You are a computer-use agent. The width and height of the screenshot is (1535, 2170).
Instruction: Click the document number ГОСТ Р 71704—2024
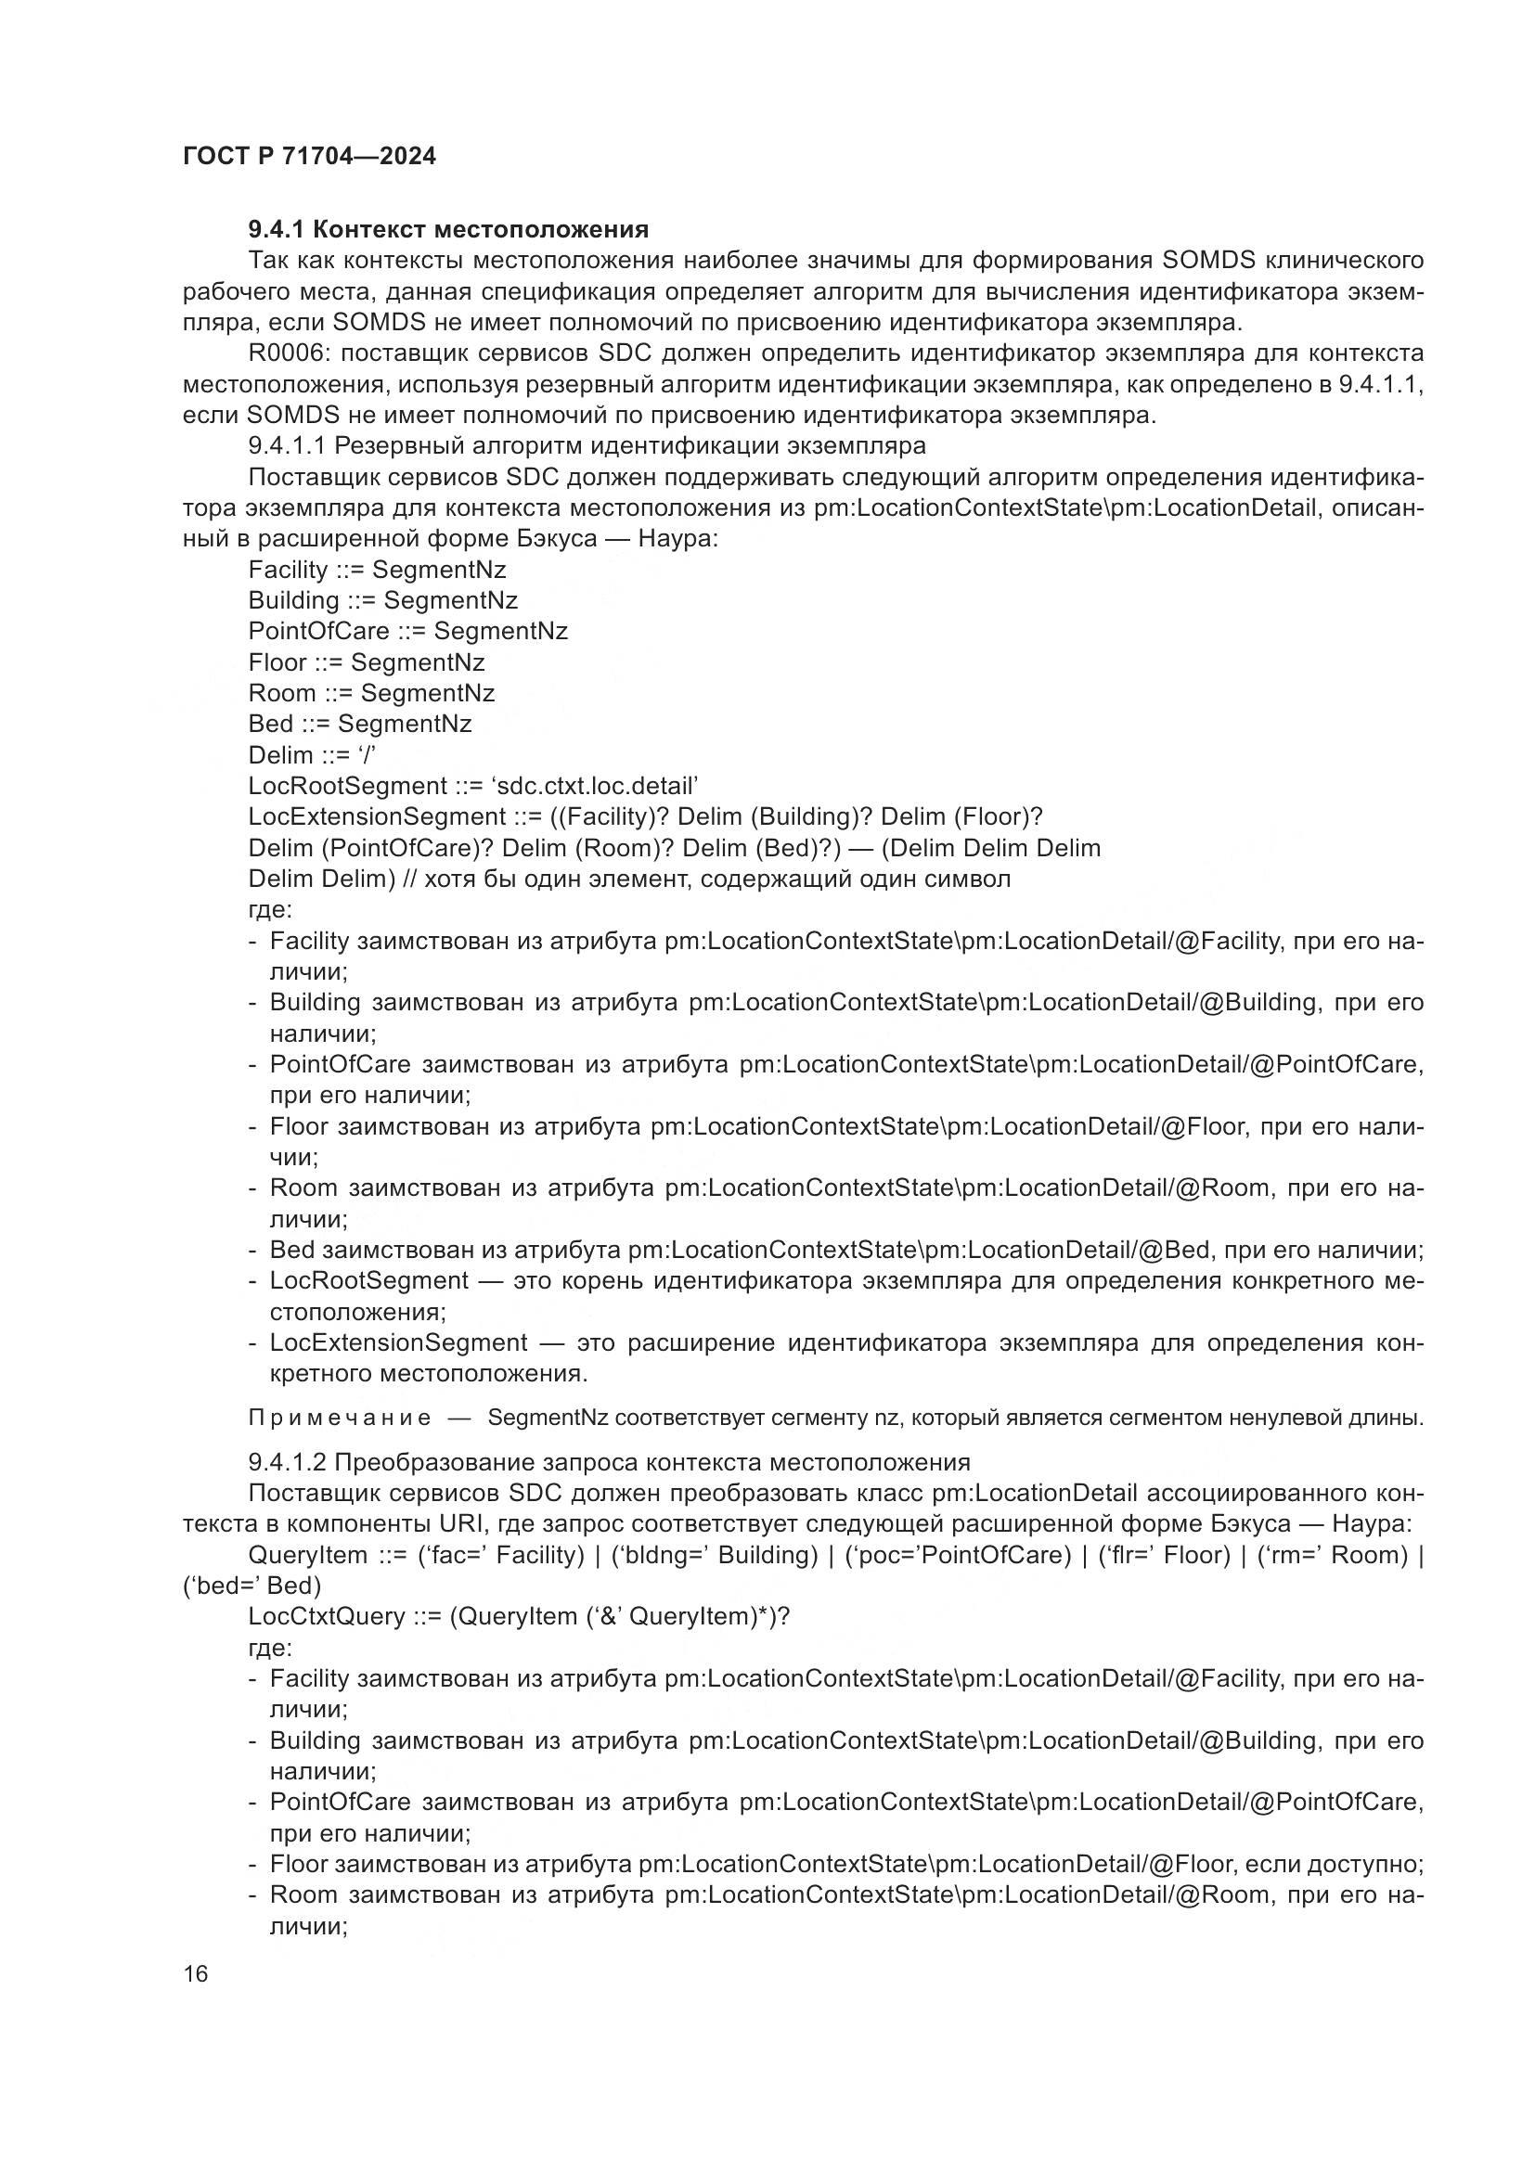309,157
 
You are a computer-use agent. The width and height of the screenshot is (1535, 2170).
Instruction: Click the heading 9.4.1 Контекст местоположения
448,229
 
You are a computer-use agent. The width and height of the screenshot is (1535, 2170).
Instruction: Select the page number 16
196,1973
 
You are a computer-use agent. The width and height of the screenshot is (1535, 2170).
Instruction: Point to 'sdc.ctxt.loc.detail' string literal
595,787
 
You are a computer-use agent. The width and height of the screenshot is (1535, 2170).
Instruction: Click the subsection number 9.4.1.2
288,1462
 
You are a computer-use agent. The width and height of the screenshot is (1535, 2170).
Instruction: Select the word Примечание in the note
340,1418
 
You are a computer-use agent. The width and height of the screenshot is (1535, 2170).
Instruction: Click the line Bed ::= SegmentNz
359,724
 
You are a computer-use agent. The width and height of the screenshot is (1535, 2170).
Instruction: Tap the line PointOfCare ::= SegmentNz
407,632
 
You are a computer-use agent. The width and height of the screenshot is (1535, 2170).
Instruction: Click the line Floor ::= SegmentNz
366,662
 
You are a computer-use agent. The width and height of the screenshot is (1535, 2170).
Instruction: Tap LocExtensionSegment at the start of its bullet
398,1343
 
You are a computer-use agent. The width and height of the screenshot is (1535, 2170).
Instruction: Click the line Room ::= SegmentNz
370,693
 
